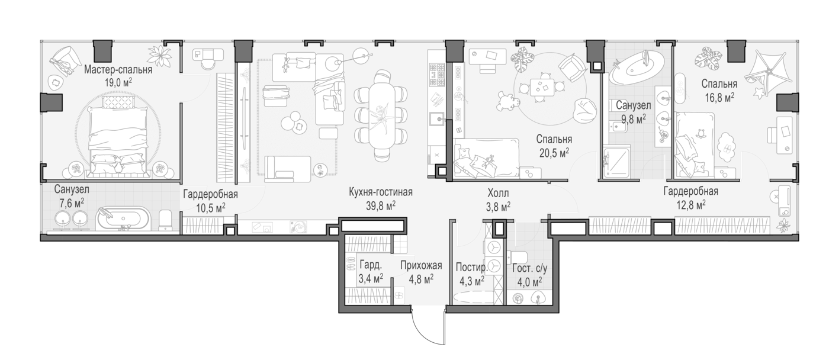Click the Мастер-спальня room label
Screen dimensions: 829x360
tap(118, 70)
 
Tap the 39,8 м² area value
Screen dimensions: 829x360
tap(381, 205)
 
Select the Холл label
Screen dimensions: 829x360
tap(498, 193)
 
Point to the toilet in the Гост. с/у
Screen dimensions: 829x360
tap(520, 258)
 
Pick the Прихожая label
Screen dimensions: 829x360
tap(421, 265)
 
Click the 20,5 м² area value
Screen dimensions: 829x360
tap(554, 153)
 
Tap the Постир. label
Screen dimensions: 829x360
tap(472, 267)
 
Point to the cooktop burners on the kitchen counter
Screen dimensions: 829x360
tap(437, 75)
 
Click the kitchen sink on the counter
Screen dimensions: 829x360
tap(437, 119)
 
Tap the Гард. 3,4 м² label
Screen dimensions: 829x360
tap(371, 271)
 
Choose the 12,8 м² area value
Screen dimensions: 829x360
tap(691, 205)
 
